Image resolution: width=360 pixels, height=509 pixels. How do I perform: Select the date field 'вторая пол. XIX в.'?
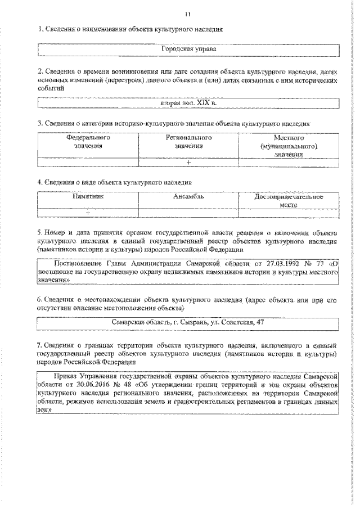[x=188, y=103]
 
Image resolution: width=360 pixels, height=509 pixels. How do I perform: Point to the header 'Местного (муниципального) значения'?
[x=289, y=146]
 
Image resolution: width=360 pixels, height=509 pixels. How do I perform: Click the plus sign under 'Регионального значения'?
[x=188, y=163]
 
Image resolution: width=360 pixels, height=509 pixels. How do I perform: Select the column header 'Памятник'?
[x=87, y=197]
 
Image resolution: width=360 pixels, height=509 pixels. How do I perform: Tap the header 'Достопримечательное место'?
[x=289, y=201]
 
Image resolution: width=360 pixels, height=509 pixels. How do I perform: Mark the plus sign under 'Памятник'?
[x=88, y=213]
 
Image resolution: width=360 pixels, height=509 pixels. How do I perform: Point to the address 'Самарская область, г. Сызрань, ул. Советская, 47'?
[x=188, y=322]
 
